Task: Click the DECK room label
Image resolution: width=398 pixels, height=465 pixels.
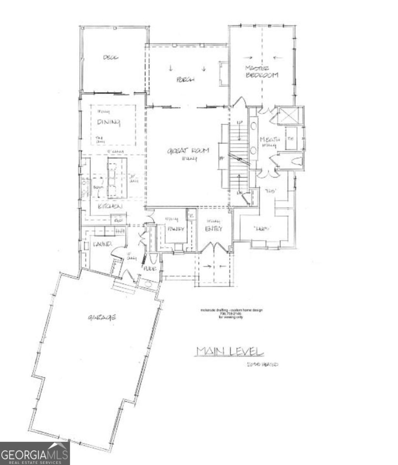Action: tap(111, 58)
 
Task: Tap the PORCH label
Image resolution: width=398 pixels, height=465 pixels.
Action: tap(185, 80)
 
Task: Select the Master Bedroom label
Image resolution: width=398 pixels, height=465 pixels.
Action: tap(262, 72)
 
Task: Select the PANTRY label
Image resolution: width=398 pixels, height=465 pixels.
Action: tap(175, 229)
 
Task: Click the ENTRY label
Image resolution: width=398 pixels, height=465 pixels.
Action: tap(213, 229)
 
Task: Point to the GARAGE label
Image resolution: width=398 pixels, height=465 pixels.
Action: tap(102, 317)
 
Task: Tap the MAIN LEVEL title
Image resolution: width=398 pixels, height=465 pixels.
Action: tap(230, 351)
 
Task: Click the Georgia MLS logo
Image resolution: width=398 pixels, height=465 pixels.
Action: tap(35, 453)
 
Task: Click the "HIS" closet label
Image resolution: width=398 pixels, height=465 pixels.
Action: tap(269, 191)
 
